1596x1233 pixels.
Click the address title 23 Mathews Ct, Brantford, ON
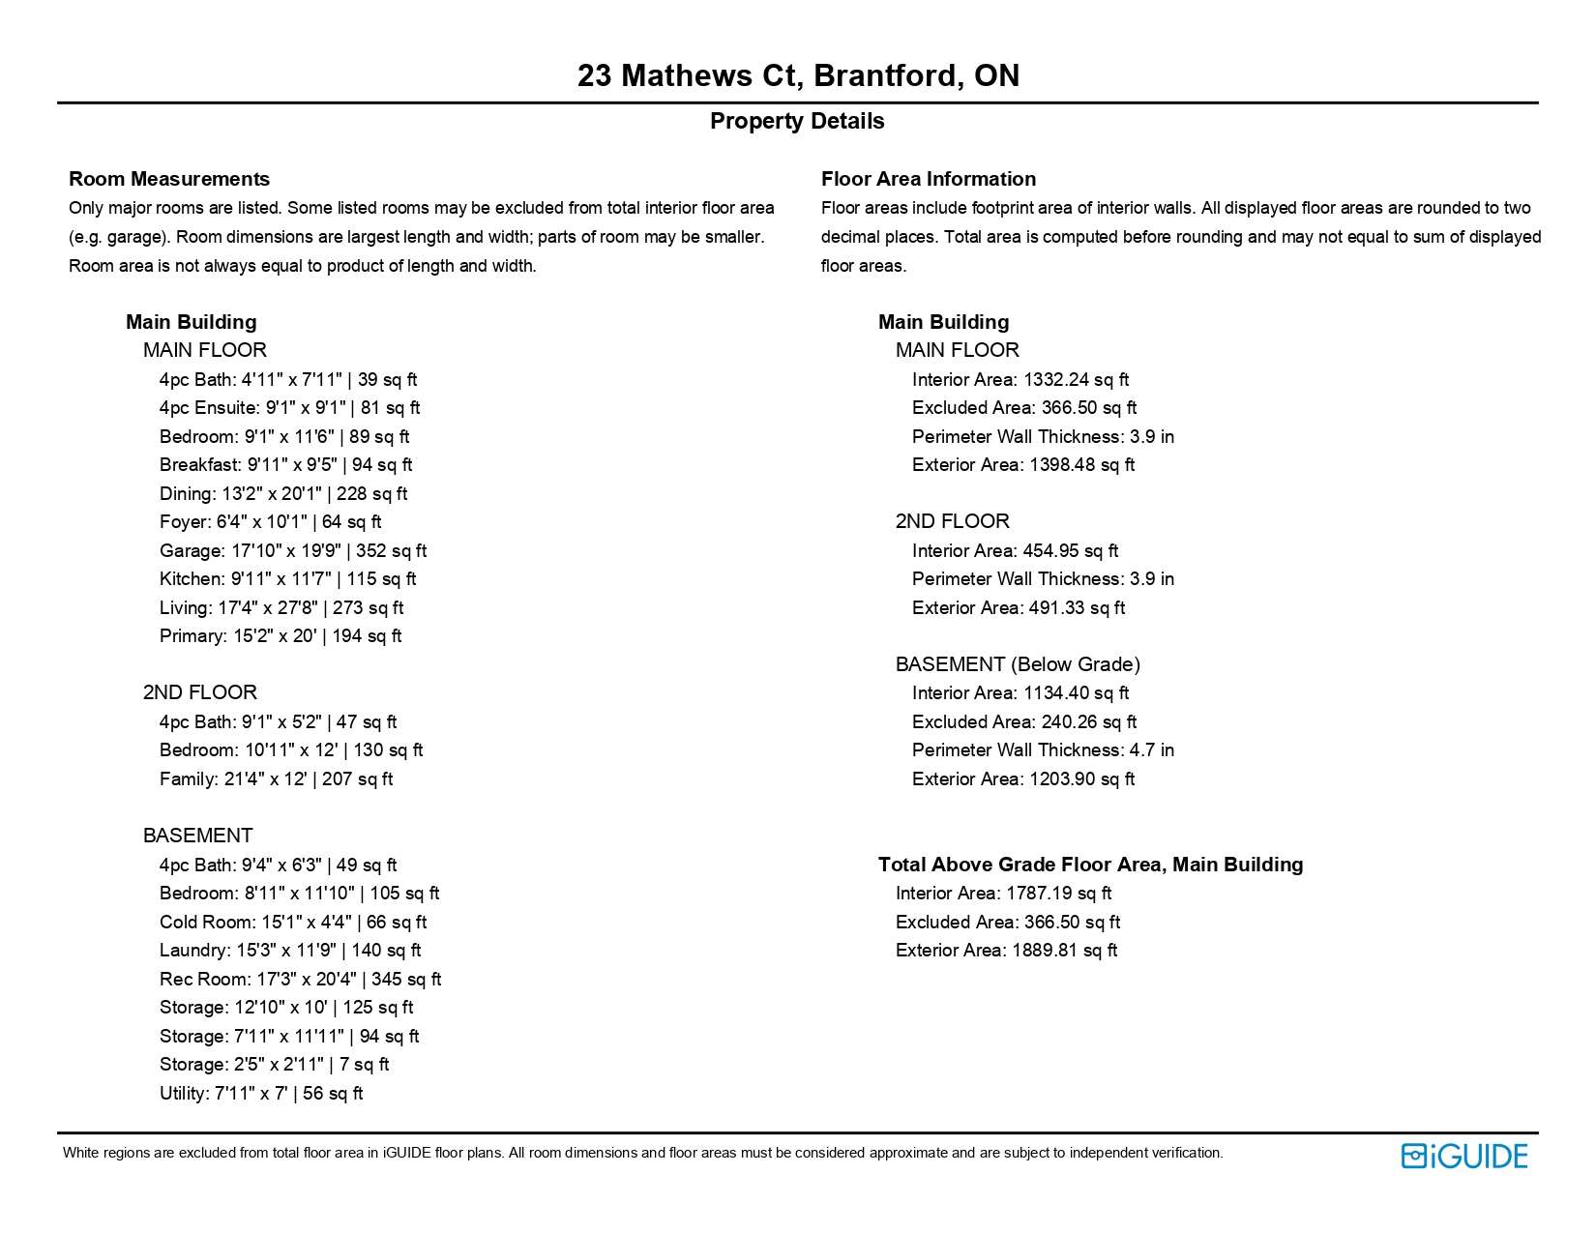click(x=798, y=75)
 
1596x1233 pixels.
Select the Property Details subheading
click(x=797, y=121)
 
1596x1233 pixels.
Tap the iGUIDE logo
click(x=1464, y=1156)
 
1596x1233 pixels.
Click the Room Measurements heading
click(x=169, y=179)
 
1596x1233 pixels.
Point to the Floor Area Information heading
click(x=929, y=179)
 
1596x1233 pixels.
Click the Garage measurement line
click(x=293, y=550)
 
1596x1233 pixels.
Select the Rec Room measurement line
click(x=300, y=979)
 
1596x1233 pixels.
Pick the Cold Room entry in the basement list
click(x=293, y=922)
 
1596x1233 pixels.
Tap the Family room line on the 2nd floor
click(x=276, y=778)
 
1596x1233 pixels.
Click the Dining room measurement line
click(x=283, y=493)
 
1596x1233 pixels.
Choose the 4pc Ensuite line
click(x=289, y=407)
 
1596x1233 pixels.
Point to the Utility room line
click(x=261, y=1093)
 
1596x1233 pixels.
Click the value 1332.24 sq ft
click(x=1076, y=379)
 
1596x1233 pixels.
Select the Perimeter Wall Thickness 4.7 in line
click(x=1043, y=749)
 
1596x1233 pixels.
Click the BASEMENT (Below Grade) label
click(x=1018, y=664)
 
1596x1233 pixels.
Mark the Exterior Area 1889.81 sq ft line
click(x=1006, y=950)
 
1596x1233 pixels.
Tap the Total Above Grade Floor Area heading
click(x=1090, y=865)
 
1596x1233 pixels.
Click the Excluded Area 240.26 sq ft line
click(x=1024, y=721)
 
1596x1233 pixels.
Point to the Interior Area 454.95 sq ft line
click(x=1015, y=550)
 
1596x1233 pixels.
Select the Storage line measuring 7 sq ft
click(x=274, y=1064)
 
